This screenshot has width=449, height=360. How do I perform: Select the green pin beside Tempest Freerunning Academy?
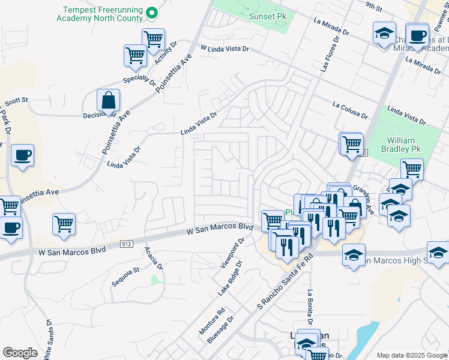152,12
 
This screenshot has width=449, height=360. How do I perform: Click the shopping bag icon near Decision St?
108,100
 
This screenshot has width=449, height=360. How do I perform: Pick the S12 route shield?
126,244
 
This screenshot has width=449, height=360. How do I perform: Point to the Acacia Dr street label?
153,257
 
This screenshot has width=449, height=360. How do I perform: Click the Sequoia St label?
127,270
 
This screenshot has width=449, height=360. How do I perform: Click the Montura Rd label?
212,320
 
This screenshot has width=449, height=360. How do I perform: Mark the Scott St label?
16,103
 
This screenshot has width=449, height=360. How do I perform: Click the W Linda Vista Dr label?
224,47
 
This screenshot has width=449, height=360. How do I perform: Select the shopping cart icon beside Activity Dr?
154,39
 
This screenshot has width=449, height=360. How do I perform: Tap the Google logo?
20,353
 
